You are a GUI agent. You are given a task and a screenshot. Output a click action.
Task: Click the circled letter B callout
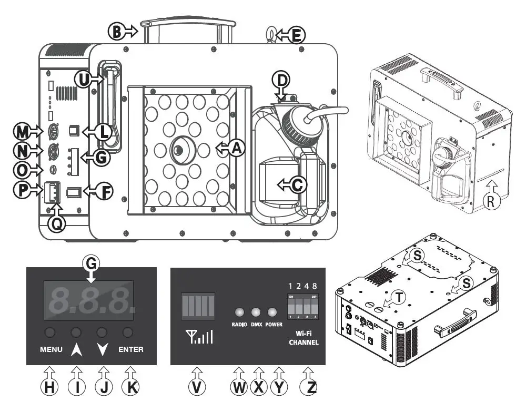[x=116, y=31]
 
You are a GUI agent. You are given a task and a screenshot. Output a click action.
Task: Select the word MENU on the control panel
[x=51, y=349]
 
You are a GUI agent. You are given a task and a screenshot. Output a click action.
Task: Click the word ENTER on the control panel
[x=130, y=349]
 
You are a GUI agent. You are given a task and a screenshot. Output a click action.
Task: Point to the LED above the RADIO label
[x=239, y=311]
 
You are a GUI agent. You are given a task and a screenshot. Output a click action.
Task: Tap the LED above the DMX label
[x=257, y=311]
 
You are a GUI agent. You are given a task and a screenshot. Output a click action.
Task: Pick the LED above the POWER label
[x=272, y=311]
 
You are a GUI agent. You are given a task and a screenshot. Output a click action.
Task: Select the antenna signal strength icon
[x=198, y=336]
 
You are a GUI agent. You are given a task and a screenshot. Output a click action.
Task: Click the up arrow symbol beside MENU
[x=77, y=348]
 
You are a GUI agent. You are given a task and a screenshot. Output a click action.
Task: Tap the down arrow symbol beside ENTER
[x=103, y=348]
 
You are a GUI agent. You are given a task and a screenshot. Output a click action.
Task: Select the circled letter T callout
[x=400, y=298]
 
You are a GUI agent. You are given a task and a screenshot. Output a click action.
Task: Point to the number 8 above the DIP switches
[x=314, y=286]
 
